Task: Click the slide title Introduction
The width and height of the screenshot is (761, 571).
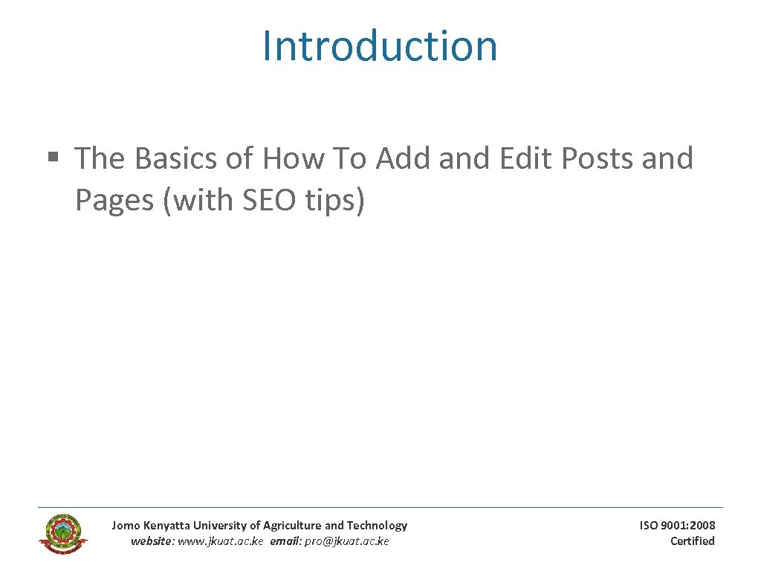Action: pyautogui.click(x=380, y=45)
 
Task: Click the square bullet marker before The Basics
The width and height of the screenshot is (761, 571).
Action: pyautogui.click(x=52, y=158)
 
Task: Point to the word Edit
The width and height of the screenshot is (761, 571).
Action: pyautogui.click(x=527, y=158)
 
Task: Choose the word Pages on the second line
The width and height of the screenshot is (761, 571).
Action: pyautogui.click(x=114, y=201)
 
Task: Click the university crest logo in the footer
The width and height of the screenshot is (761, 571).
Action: pyautogui.click(x=63, y=533)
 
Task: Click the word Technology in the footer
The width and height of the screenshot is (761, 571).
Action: pyautogui.click(x=377, y=526)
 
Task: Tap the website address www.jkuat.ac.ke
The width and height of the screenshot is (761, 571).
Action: pyautogui.click(x=221, y=541)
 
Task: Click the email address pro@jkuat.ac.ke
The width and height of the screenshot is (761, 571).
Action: pyautogui.click(x=347, y=541)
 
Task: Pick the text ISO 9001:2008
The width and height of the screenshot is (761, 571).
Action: pyautogui.click(x=678, y=526)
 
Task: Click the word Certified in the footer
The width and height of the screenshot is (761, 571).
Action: pyautogui.click(x=692, y=541)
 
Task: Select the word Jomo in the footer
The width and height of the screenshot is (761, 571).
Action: pyautogui.click(x=125, y=526)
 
